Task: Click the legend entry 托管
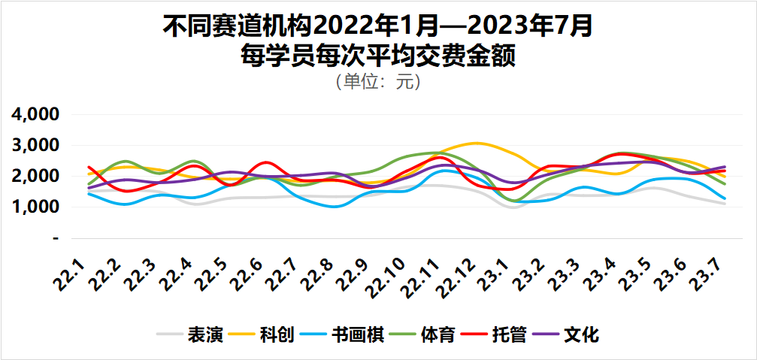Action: click(x=509, y=335)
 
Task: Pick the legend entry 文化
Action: click(x=581, y=335)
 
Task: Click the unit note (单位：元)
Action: click(x=378, y=81)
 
